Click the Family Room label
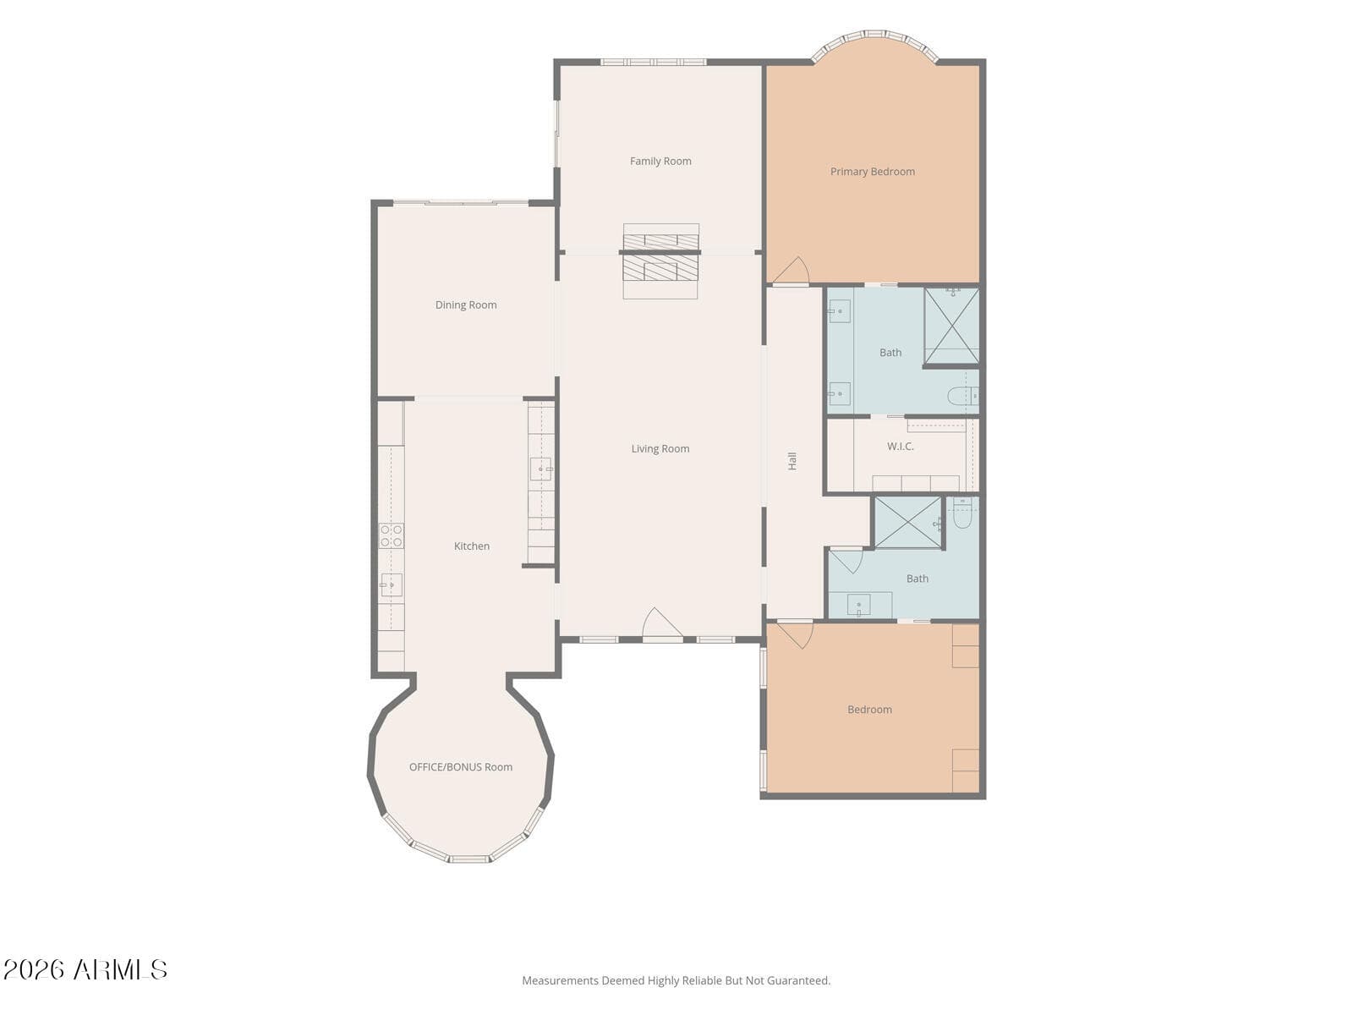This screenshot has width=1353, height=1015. pos(660,162)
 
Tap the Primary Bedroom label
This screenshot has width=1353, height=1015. pos(872,172)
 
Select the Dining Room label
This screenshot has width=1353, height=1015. pos(466,305)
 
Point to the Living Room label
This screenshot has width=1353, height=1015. pos(660,449)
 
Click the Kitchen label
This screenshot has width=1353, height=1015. pos(472,546)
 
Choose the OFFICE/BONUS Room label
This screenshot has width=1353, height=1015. pos(461,767)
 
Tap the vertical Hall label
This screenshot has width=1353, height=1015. pos(792,461)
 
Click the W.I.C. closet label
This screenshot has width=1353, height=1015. pos(900,447)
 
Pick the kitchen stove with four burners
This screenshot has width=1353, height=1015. pos(392,535)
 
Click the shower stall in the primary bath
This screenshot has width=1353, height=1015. pos(951,326)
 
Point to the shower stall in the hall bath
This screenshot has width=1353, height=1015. pos(908,523)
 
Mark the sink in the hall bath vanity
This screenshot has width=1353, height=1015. pos(858,605)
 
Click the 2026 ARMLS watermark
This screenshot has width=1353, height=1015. pos(85,969)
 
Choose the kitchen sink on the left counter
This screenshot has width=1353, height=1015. pos(391,584)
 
